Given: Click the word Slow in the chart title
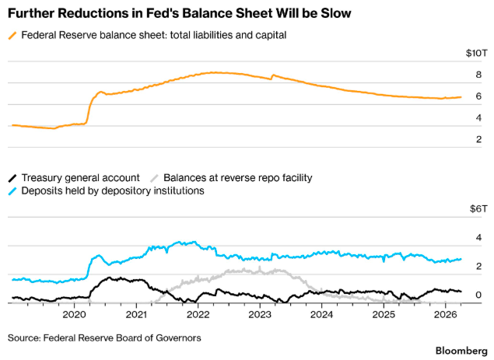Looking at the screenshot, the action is pos(336,13).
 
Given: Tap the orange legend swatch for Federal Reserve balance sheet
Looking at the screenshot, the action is pos(12,35).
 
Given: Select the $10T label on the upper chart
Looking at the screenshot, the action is pos(477,53).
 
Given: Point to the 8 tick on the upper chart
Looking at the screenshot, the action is pos(478,75).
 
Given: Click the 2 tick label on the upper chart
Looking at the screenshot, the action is pos(478,139).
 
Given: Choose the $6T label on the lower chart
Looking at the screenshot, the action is pos(478,208).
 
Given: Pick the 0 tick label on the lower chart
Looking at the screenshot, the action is pos(478,295).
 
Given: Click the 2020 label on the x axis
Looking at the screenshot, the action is pos(74,314).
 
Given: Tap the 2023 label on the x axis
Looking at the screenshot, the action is pos(260,314).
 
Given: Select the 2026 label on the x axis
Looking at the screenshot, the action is pos(446,314).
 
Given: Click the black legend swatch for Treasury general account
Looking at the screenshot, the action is pos(12,178).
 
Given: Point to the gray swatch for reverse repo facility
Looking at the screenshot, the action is pos(154,178).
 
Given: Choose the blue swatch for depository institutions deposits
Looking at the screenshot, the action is pos(12,190).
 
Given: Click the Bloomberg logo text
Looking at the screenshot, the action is pos(461,351).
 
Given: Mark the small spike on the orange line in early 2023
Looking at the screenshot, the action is pos(273,75).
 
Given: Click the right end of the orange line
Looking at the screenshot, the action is pos(461,97).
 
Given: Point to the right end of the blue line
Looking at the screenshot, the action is pos(461,259).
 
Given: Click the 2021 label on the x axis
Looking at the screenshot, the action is pos(136,314).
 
